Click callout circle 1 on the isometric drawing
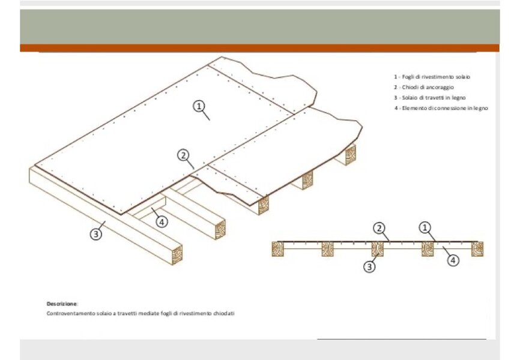tap(199, 106)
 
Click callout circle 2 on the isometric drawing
tap(183, 155)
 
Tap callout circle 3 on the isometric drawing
tap(96, 234)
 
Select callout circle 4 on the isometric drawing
tap(162, 221)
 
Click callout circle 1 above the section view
tap(425, 227)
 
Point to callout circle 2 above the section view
tap(379, 228)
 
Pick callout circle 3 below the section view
tap(369, 266)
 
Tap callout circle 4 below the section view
tap(453, 260)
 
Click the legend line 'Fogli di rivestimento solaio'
tap(432, 77)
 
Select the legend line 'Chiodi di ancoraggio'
tap(424, 87)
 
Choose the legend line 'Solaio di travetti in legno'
tap(430, 98)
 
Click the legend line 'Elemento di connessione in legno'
tap(441, 108)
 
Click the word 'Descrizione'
tap(62, 304)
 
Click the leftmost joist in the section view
tap(278, 249)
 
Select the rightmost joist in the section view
tap(477, 249)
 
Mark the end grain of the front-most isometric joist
tap(177, 255)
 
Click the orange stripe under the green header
tap(259, 48)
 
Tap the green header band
tap(259, 26)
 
